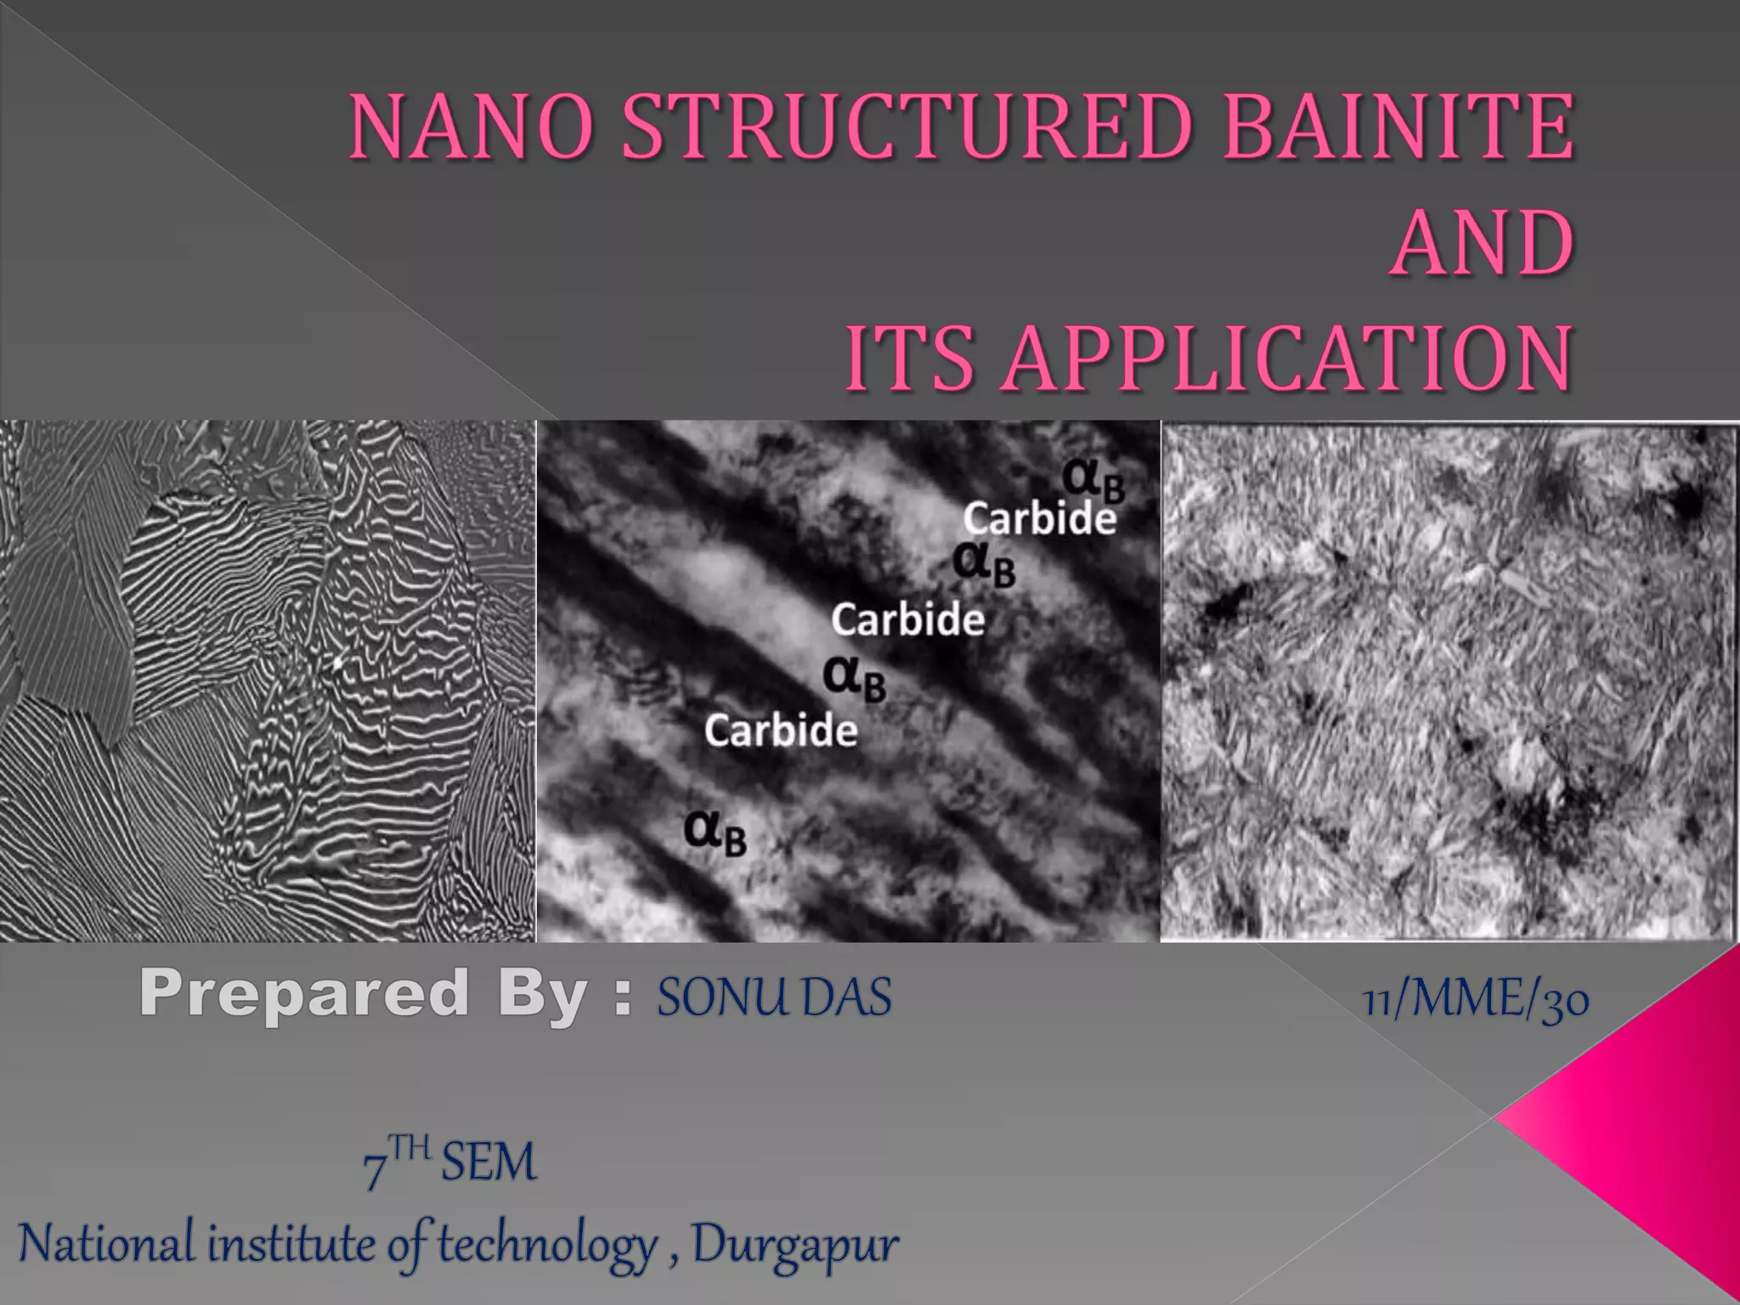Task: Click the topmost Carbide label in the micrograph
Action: coord(1039,518)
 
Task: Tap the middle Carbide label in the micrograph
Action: coord(907,619)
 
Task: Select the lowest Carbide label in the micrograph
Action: coord(781,731)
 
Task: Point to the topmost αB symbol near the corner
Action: coord(1094,482)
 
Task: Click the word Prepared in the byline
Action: coord(304,993)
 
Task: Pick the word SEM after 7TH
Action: coord(489,1162)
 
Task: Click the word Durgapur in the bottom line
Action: coord(794,1246)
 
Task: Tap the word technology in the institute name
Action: coord(548,1246)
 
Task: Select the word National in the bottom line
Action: coord(108,1244)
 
